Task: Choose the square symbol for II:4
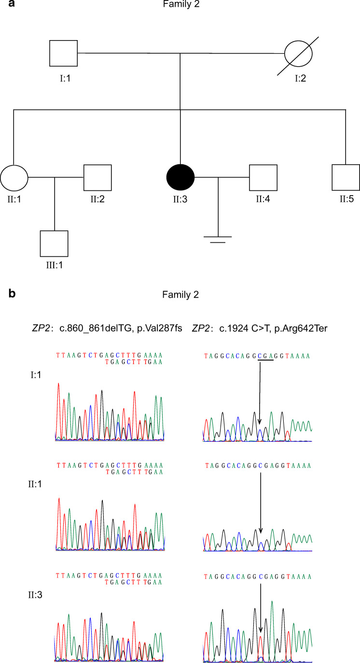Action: click(263, 179)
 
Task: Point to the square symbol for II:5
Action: click(346, 179)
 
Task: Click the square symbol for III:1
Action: click(54, 244)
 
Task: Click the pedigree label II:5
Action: click(346, 199)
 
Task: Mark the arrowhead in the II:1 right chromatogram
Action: click(260, 530)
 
